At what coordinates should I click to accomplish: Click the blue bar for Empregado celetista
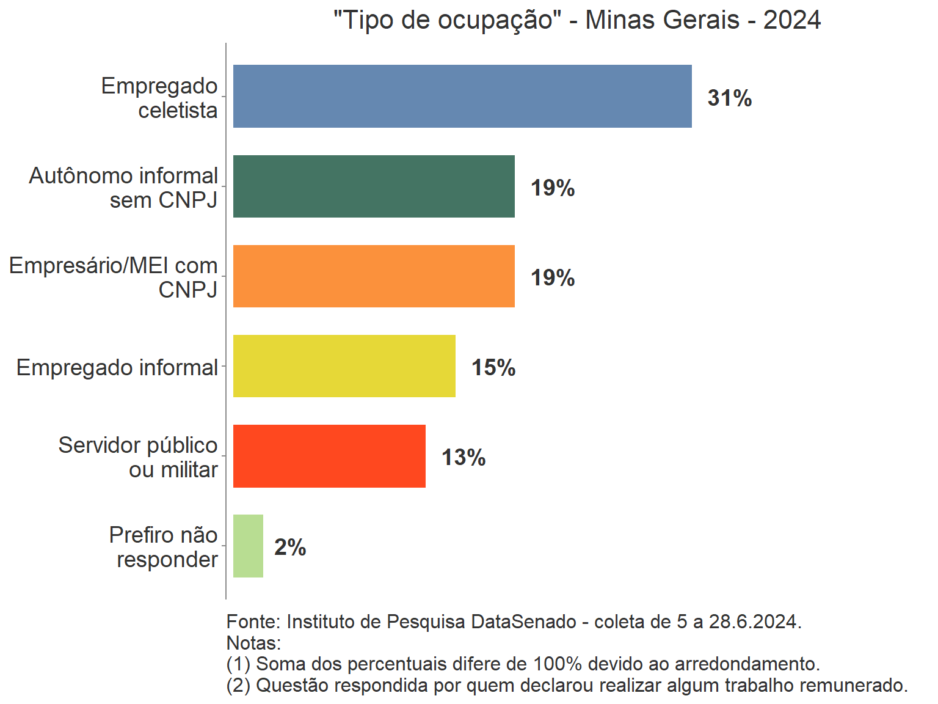coord(462,97)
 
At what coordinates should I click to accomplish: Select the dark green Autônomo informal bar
coord(374,186)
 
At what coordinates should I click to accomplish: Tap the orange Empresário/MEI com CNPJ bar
coord(374,276)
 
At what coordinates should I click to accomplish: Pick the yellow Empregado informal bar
coord(344,366)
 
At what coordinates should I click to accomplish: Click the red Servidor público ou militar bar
coord(329,456)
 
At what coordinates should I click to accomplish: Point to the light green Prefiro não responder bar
coord(248,546)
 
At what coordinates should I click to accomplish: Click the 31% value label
coord(730,98)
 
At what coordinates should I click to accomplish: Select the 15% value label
coord(493,367)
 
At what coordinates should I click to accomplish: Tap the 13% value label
coord(464,457)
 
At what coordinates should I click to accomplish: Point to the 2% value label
coord(290,547)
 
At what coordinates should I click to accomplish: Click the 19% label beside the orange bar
coord(553,277)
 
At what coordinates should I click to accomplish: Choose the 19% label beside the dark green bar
coord(553,188)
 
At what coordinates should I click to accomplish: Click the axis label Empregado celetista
coord(160,98)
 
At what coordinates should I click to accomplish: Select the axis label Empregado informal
coord(117,367)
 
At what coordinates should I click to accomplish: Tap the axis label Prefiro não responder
coord(164,547)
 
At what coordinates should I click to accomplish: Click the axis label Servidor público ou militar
coord(139,457)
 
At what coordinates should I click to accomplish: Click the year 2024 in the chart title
coord(792,20)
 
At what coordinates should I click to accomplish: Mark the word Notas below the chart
coord(253,643)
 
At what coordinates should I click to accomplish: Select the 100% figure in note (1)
coord(558,664)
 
